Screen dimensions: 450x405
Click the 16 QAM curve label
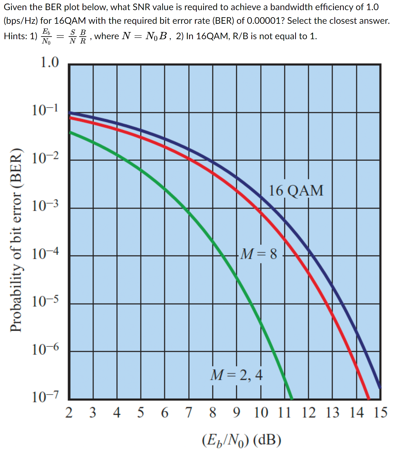pos(296,191)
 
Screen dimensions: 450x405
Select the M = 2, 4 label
pos(236,375)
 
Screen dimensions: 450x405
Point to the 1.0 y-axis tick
pos(50,62)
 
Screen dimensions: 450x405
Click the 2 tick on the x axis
pos(69,413)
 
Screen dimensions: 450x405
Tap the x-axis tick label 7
pos(189,413)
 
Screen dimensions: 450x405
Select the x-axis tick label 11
pos(284,413)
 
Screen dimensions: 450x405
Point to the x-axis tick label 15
pos(380,413)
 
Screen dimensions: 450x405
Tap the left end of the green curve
pos(71,132)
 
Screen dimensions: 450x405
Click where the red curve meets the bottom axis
pos(369,398)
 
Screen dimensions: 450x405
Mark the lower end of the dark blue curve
pos(380,387)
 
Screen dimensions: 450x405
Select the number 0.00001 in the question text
pos(264,21)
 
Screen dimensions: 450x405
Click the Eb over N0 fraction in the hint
pos(46,36)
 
